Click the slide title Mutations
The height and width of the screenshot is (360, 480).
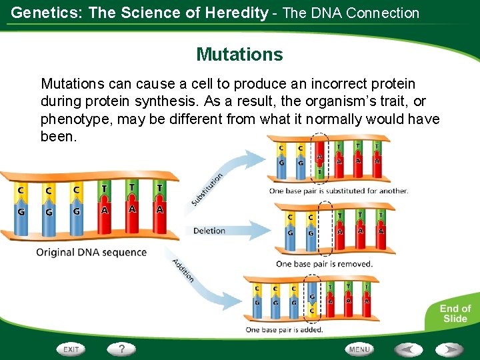coord(239,54)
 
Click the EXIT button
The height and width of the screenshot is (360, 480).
coord(71,349)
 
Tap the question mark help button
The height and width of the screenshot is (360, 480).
coord(122,349)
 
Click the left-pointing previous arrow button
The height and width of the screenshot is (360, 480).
coord(407,349)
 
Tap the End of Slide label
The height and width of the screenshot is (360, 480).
coord(455,313)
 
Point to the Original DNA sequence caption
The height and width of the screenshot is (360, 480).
coord(91,253)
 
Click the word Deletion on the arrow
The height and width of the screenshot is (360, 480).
coord(209,231)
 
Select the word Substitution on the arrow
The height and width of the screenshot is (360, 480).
coord(207,189)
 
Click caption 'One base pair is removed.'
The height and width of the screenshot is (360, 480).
coord(324,264)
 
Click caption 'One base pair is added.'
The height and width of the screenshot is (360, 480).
coord(284,330)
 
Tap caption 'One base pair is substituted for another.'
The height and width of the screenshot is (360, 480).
coord(338,191)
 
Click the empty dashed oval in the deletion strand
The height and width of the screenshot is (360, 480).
coord(325,226)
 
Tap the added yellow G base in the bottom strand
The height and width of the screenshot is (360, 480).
coord(312,297)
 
